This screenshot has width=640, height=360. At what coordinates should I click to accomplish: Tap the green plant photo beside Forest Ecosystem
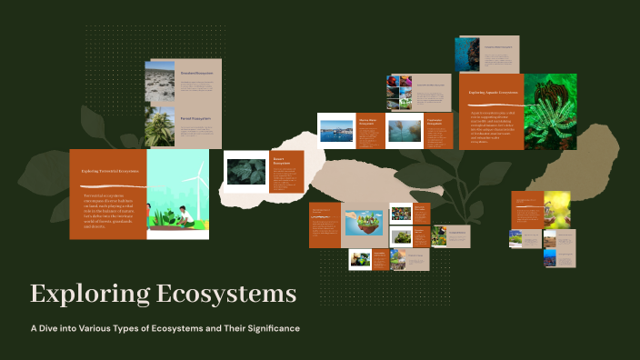[160, 127]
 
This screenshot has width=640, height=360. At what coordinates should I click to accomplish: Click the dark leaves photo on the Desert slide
[245, 171]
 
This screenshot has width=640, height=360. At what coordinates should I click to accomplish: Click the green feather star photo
[549, 111]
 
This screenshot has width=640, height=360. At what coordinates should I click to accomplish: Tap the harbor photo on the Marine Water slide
[336, 131]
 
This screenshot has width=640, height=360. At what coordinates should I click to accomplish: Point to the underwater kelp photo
[405, 131]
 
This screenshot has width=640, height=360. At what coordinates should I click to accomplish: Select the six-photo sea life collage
[400, 92]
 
